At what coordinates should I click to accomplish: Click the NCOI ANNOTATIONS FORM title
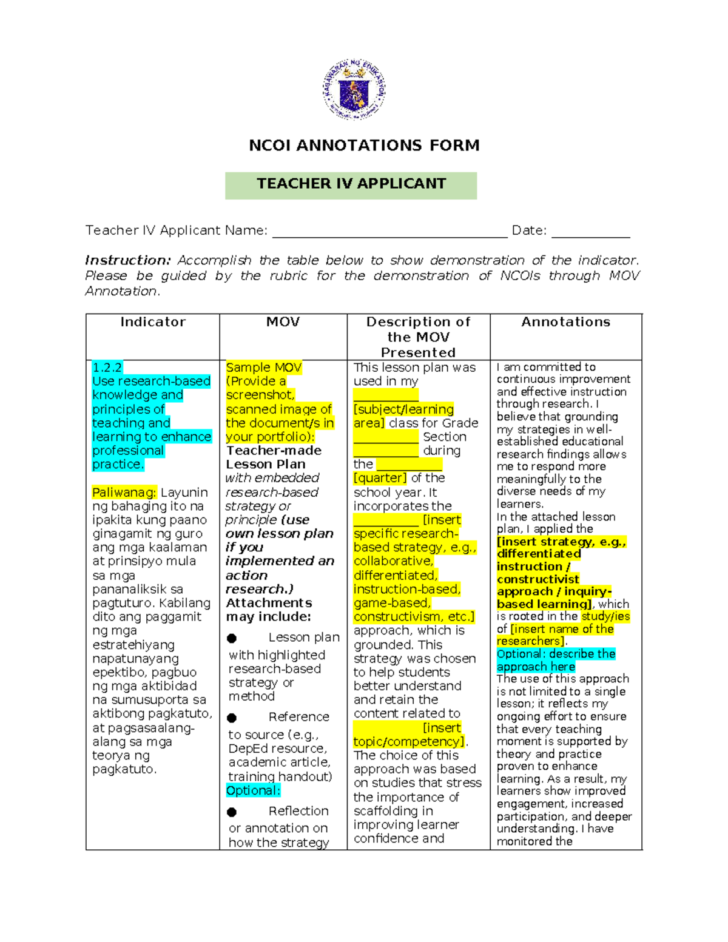coord(364,146)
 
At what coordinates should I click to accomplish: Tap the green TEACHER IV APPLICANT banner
coord(351,184)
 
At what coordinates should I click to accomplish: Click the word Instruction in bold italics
coord(128,260)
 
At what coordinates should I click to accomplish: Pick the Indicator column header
coord(153,322)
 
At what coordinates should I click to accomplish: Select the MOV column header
coord(283,322)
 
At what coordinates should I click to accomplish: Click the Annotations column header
coord(565,322)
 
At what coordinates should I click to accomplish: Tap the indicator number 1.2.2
coord(107,368)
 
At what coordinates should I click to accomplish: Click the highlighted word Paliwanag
coord(124,493)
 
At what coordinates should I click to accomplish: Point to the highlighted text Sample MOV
coord(263,368)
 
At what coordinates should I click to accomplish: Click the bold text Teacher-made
coord(274,451)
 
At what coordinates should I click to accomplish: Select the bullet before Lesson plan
coord(232,638)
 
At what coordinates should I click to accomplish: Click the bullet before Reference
coord(232,718)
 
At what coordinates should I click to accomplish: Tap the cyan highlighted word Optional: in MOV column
coord(253,791)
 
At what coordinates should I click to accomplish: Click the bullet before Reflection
coord(232,812)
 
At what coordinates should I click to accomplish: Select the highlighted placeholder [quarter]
coord(380,478)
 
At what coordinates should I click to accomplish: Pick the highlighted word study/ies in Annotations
coord(605,616)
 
